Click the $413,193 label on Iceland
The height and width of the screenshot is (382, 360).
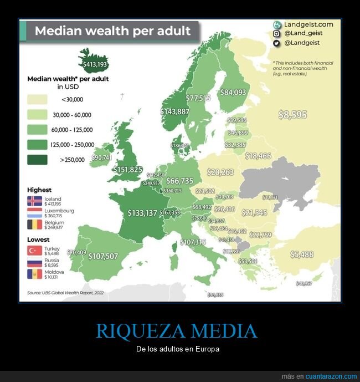(x=95, y=65)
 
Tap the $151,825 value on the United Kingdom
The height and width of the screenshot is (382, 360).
(x=128, y=169)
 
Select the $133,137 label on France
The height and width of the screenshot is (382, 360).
(x=142, y=213)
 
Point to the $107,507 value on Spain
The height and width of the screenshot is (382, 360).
(x=103, y=256)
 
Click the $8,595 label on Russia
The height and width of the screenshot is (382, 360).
(x=292, y=115)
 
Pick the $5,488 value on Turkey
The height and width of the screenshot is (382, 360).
(x=302, y=254)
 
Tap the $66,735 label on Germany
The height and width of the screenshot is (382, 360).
(x=179, y=181)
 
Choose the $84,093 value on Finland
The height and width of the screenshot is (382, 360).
(x=233, y=93)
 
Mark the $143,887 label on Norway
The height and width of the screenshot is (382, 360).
(x=175, y=111)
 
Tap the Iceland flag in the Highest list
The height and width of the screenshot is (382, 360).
(x=34, y=201)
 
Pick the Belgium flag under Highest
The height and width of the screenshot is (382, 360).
(x=34, y=225)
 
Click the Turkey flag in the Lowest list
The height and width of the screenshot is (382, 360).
(x=34, y=251)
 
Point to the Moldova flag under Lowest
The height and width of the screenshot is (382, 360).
(x=34, y=274)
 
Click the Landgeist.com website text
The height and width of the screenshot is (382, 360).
(x=308, y=24)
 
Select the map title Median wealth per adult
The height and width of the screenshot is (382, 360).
(x=112, y=31)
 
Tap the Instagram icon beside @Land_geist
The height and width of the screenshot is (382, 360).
(x=277, y=33)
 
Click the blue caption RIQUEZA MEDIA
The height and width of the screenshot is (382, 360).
(x=177, y=331)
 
